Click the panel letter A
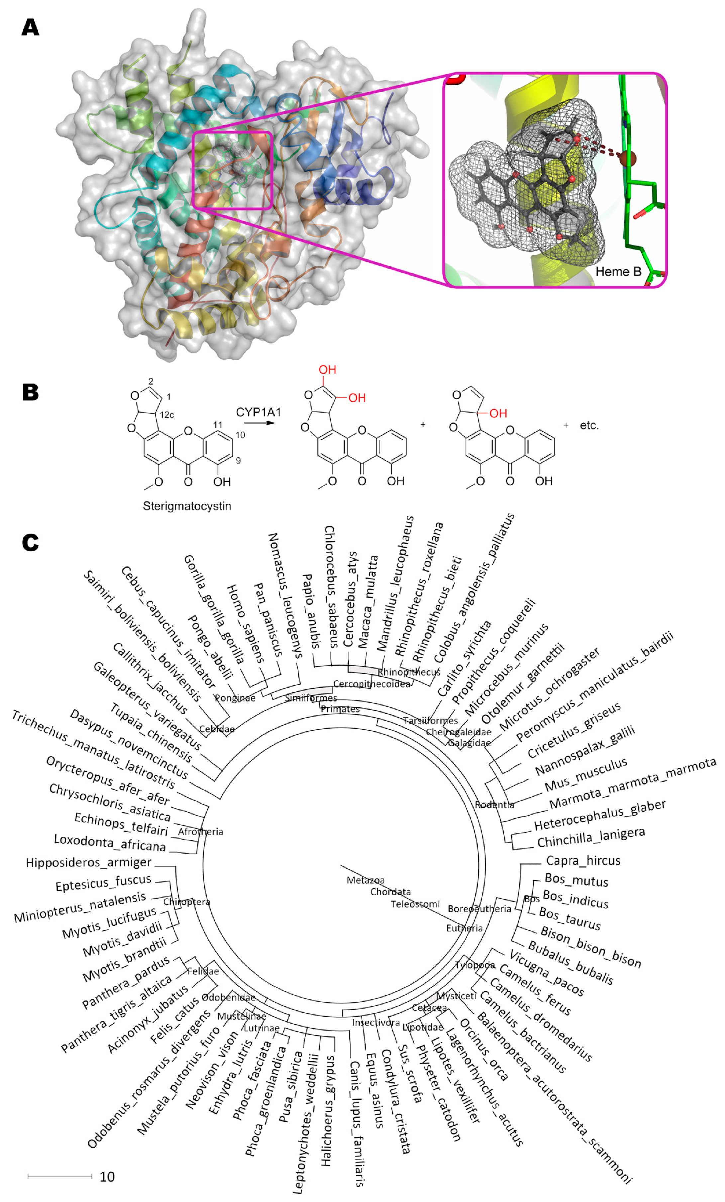coord(30,27)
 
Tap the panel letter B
coord(30,392)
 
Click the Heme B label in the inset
coord(618,272)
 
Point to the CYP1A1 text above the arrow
coord(258,412)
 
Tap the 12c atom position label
coord(167,415)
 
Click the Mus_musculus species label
coord(585,775)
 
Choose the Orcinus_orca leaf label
coord(484,1049)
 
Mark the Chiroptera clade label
coord(186,902)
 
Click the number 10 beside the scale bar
coord(107,1177)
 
